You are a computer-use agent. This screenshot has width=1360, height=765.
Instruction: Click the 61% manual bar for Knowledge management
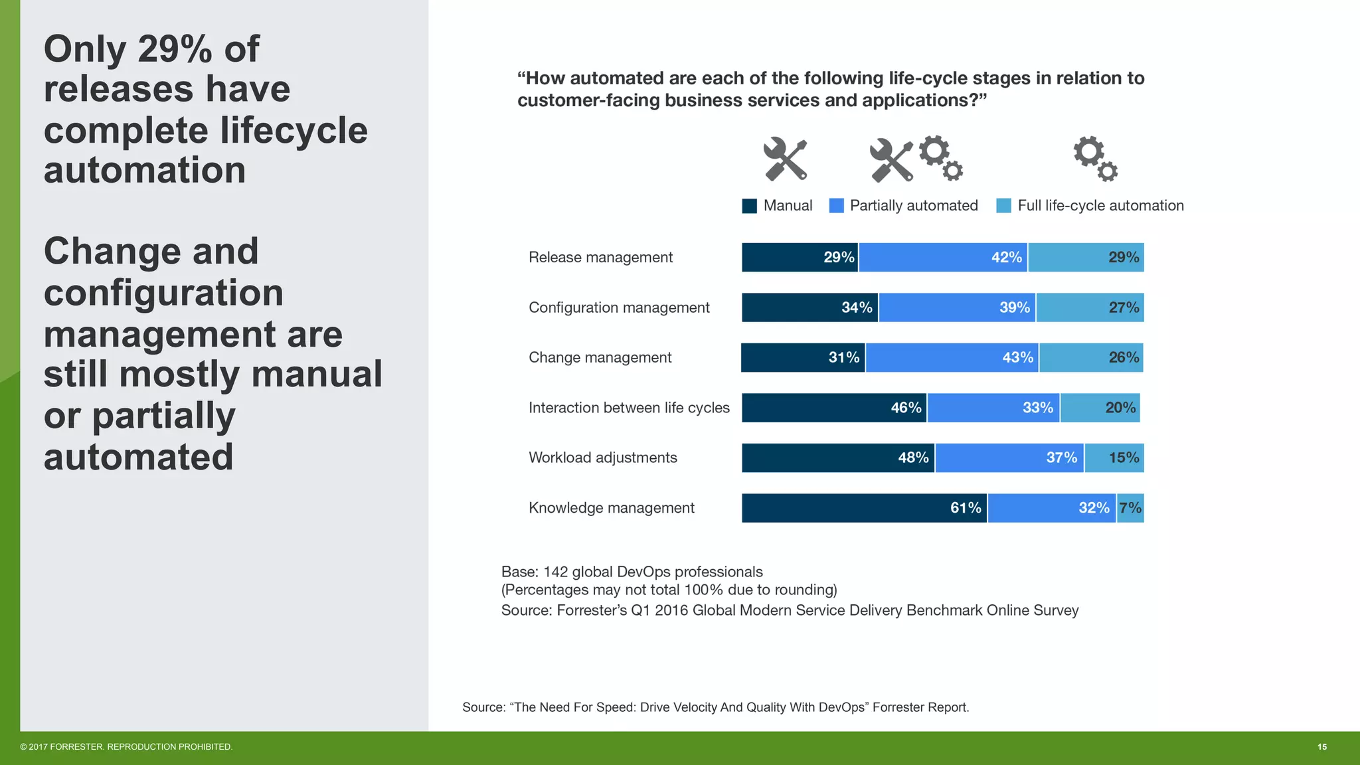click(864, 508)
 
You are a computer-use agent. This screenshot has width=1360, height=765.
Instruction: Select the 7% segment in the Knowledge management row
click(1130, 508)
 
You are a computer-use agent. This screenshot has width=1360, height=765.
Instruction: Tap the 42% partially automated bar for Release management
click(943, 258)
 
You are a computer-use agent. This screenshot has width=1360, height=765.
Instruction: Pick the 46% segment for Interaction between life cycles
click(834, 408)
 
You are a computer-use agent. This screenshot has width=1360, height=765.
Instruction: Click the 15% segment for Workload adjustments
click(1114, 458)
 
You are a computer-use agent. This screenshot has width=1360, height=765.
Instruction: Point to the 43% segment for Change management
click(952, 358)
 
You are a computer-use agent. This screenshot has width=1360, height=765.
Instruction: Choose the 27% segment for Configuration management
click(1090, 307)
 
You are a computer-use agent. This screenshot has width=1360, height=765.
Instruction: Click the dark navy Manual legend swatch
click(750, 206)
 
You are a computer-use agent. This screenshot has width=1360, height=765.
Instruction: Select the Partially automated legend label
click(914, 206)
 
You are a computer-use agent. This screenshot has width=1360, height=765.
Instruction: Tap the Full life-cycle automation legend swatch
click(1004, 206)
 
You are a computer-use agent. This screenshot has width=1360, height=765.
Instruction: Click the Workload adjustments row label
click(602, 458)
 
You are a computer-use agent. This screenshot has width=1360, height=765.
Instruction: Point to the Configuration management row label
click(619, 307)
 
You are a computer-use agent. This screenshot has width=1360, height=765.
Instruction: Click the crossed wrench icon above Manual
click(785, 159)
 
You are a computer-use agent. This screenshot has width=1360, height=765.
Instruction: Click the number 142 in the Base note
click(555, 572)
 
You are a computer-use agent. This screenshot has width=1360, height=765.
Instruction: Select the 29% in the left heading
click(175, 49)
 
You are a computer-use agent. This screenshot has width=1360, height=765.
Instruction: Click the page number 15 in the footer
click(1322, 747)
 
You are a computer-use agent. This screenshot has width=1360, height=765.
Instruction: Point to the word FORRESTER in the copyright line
click(76, 747)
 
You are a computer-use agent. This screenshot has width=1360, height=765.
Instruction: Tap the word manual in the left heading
click(316, 375)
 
